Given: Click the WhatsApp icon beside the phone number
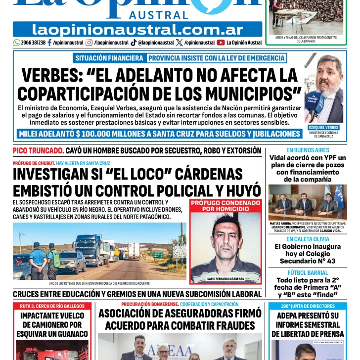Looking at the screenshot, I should [x=17, y=43].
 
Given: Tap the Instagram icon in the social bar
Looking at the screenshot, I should [x=89, y=43].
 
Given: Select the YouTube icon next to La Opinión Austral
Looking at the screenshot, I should [x=221, y=43].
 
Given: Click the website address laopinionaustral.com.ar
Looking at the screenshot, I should [x=137, y=30].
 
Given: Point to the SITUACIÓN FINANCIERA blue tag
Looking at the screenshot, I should [x=109, y=58].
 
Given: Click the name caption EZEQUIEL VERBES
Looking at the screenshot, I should [x=323, y=128].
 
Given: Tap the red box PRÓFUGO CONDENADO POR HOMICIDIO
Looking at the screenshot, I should [x=225, y=206].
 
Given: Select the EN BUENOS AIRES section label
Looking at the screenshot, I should [x=308, y=150].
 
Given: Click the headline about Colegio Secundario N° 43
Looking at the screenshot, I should [x=308, y=253].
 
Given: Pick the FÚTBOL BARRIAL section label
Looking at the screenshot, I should [x=308, y=272].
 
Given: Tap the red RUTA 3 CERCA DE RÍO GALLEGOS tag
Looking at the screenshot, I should [x=52, y=306].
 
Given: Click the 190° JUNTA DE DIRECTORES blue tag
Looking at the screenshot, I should [x=308, y=306].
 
